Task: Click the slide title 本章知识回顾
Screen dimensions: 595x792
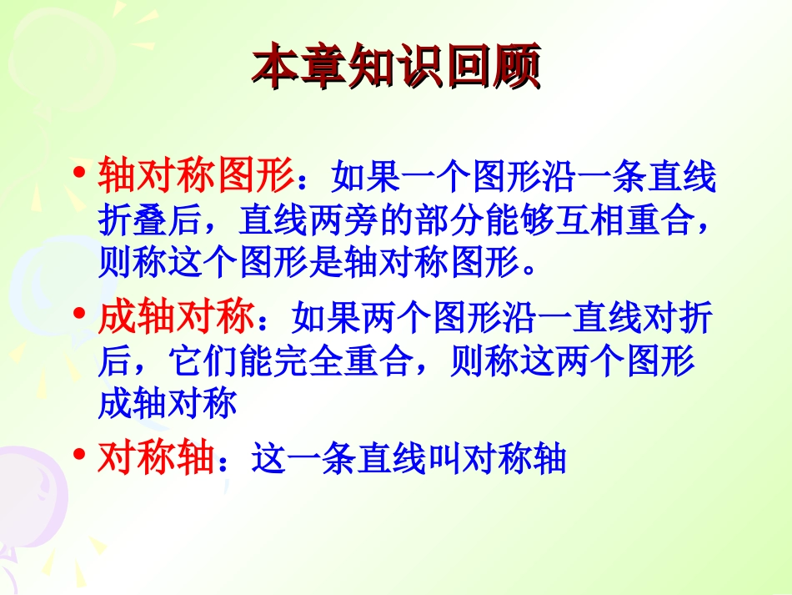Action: [x=396, y=67]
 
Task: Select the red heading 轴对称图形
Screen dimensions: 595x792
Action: [x=196, y=175]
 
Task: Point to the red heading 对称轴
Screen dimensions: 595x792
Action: [x=157, y=457]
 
